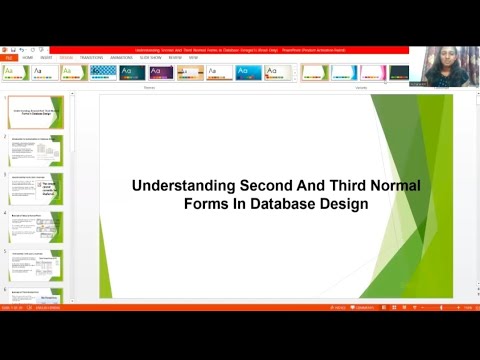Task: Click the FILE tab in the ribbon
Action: click(x=8, y=57)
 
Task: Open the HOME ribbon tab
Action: click(x=28, y=57)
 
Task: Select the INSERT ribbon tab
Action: click(x=46, y=57)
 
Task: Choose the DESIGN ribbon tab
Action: click(x=66, y=57)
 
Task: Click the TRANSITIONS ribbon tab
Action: click(x=91, y=57)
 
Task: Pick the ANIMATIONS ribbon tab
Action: click(x=121, y=57)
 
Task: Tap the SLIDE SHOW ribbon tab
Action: click(x=151, y=57)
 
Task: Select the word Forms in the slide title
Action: click(x=206, y=203)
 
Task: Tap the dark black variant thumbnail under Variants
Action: click(x=400, y=72)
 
